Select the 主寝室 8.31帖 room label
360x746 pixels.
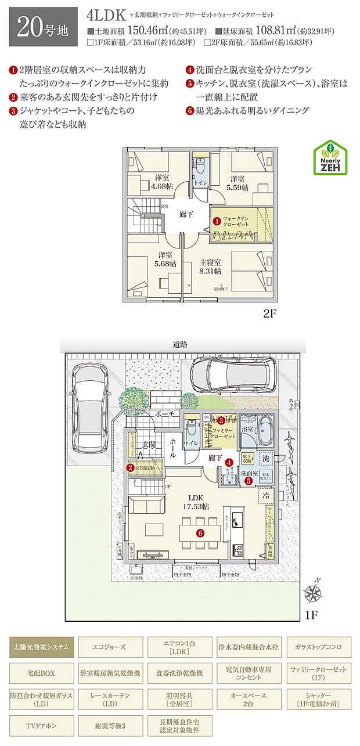pyautogui.click(x=209, y=266)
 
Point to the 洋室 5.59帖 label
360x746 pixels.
pyautogui.click(x=236, y=183)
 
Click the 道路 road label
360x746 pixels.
pyautogui.click(x=180, y=344)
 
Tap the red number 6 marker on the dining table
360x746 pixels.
pyautogui.click(x=200, y=532)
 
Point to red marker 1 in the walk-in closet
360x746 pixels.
pyautogui.click(x=216, y=221)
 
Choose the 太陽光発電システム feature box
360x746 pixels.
pyautogui.click(x=41, y=646)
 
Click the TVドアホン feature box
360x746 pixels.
pyautogui.click(x=41, y=726)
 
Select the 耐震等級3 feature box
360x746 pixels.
pyautogui.click(x=110, y=726)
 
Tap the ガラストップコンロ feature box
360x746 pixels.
pyautogui.click(x=318, y=646)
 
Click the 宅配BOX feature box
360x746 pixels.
pyautogui.click(x=41, y=673)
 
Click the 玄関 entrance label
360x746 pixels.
pyautogui.click(x=149, y=445)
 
